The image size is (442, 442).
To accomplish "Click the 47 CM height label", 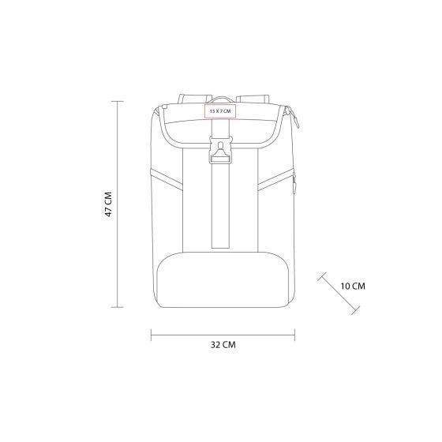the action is click(109, 204).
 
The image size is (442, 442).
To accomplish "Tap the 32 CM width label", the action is click(223, 345).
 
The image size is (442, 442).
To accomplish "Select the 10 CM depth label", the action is click(353, 286).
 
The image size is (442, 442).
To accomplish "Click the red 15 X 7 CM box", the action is click(220, 110).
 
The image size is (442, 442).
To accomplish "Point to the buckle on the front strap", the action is click(221, 149).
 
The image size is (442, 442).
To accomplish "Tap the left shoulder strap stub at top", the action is click(194, 99).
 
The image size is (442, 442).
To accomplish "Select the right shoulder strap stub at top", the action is click(253, 99).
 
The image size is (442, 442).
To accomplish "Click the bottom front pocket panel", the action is click(223, 279).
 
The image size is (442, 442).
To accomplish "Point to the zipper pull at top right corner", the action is click(293, 117).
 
